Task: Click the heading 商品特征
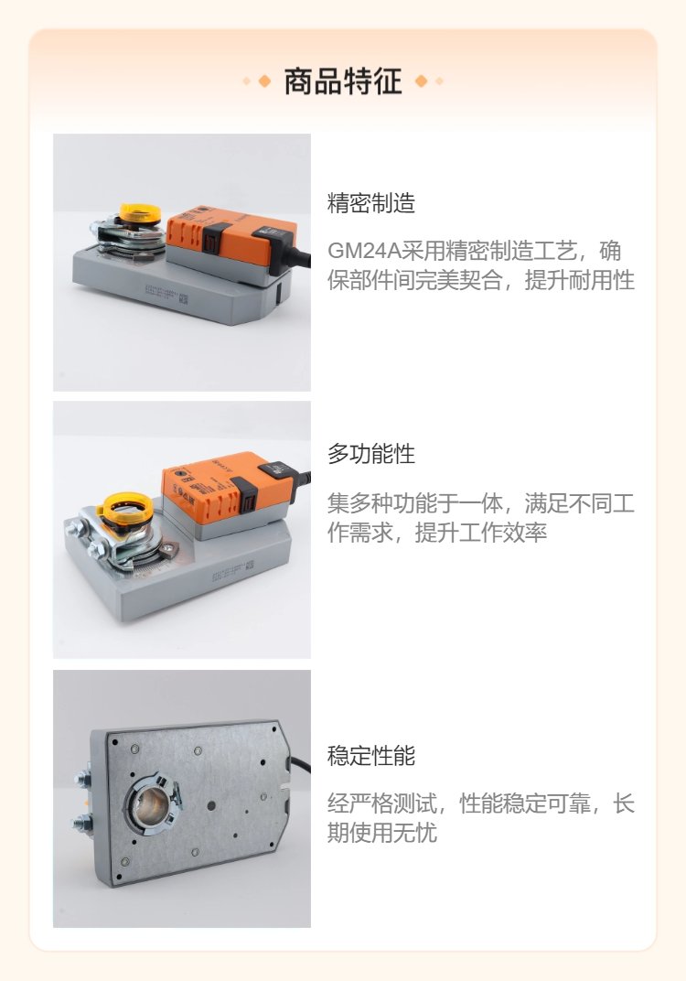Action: click(x=343, y=81)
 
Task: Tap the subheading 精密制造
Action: click(x=371, y=203)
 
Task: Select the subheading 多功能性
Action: click(x=371, y=454)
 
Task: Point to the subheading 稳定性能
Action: click(x=371, y=756)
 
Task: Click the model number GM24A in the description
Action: click(x=364, y=251)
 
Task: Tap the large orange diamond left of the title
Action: click(x=264, y=81)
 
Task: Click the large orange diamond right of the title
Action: click(x=422, y=81)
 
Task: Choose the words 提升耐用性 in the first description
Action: click(x=580, y=280)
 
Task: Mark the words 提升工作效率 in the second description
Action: click(x=481, y=533)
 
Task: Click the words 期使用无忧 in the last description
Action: click(x=382, y=833)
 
